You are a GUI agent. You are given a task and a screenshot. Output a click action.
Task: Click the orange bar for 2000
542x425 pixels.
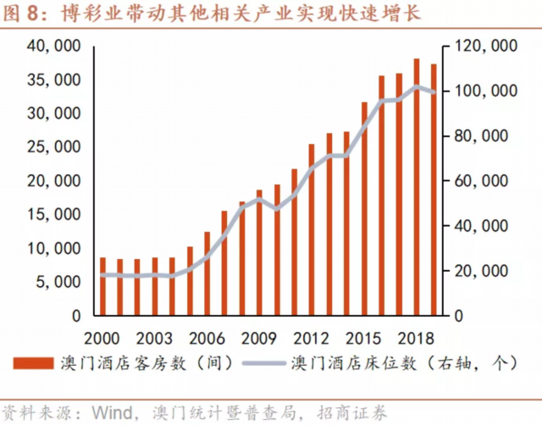pyautogui.click(x=102, y=286)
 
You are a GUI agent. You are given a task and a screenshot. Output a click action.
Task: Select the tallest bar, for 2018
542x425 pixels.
pyautogui.click(x=416, y=187)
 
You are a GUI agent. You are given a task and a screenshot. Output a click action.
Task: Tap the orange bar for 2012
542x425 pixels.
pyautogui.click(x=312, y=229)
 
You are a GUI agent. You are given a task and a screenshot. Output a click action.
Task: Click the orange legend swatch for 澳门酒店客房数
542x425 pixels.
pyautogui.click(x=38, y=365)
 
